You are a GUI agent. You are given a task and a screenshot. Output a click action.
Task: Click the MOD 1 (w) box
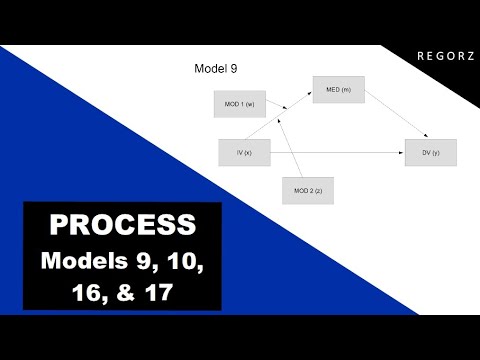pyautogui.click(x=238, y=103)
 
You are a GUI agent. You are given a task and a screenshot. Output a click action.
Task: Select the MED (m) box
pyautogui.click(x=338, y=90)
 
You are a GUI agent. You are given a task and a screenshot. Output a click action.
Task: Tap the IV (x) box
pyautogui.click(x=244, y=152)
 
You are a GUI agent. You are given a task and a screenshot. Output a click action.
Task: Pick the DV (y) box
pyautogui.click(x=431, y=152)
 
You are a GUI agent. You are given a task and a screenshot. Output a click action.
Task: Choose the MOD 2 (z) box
pyautogui.click(x=307, y=190)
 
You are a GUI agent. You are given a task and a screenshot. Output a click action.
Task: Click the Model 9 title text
pyautogui.click(x=214, y=69)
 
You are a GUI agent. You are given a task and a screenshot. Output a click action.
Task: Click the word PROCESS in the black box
pyautogui.click(x=122, y=223)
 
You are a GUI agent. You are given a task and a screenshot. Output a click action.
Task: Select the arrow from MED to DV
pyautogui.click(x=395, y=114)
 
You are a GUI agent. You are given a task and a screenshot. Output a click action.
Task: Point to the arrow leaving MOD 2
pyautogui.click(x=292, y=145)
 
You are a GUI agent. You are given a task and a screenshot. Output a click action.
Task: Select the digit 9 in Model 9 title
pyautogui.click(x=233, y=69)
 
